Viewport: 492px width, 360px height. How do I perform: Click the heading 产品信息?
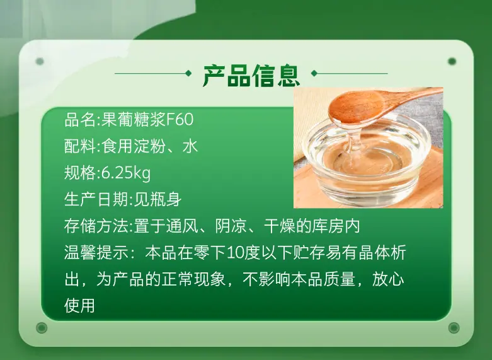(x=251, y=76)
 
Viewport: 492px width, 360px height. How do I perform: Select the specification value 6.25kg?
(x=126, y=173)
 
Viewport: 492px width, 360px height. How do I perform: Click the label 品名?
(x=80, y=119)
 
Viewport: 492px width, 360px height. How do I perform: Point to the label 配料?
(x=80, y=146)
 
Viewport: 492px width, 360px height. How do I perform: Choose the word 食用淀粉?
(x=134, y=146)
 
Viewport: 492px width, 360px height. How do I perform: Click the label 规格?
(x=80, y=173)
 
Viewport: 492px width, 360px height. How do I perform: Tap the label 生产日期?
(x=96, y=199)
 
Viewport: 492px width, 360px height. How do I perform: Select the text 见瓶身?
(x=157, y=199)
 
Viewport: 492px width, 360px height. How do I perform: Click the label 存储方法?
(x=96, y=226)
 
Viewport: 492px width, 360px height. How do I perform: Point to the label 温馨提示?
(x=96, y=253)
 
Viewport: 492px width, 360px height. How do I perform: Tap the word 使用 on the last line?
(x=80, y=306)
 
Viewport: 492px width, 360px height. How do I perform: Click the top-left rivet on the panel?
(x=40, y=61)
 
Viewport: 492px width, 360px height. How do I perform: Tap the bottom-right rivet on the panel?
(x=454, y=328)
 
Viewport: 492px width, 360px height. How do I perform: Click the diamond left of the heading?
(x=188, y=74)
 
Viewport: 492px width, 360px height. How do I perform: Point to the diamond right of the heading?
(x=314, y=74)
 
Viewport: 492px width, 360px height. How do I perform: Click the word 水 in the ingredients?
(x=190, y=146)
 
